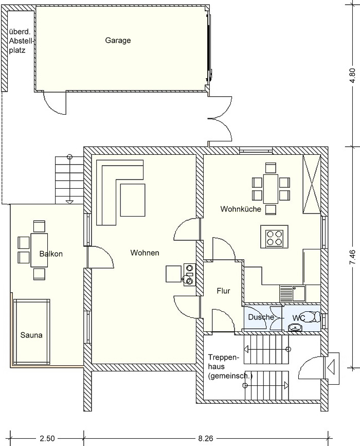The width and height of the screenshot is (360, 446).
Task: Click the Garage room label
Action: [x=118, y=41]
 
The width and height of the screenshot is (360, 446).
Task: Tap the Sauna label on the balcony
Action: [x=31, y=335]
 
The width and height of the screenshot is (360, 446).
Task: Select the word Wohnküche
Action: [x=241, y=209]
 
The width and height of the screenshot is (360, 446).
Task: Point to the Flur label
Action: [x=223, y=291]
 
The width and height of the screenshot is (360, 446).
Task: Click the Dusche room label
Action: [x=261, y=317]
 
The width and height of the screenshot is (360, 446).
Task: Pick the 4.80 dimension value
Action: [x=352, y=76]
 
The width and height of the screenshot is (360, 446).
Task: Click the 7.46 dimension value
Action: [x=352, y=257]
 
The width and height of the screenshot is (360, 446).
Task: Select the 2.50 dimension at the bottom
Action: [x=47, y=438]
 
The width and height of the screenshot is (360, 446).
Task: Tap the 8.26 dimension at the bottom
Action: [x=205, y=438]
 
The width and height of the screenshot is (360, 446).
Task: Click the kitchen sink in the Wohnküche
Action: [x=292, y=294]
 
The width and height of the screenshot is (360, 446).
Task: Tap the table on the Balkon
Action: [x=39, y=250]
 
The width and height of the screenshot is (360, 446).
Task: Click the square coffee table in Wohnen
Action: [x=133, y=200]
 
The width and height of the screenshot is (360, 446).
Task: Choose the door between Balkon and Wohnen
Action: [x=100, y=257]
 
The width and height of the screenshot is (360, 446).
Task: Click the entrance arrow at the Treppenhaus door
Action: [x=331, y=368]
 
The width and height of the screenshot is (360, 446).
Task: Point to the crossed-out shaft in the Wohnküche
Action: [x=312, y=184]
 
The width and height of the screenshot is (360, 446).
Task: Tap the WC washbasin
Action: [x=296, y=327]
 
